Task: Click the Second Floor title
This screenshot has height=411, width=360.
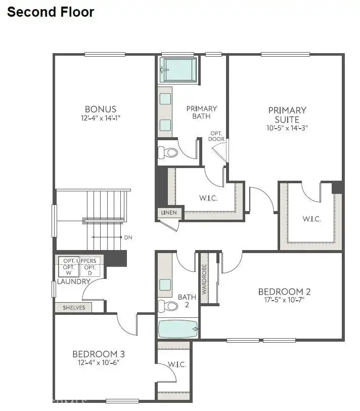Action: click(x=51, y=12)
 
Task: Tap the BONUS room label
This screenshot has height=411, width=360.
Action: click(x=101, y=109)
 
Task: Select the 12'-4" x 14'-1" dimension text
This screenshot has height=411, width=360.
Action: click(x=101, y=118)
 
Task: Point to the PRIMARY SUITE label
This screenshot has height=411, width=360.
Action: click(x=287, y=115)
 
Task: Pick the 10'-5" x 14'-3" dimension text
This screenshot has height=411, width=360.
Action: click(x=287, y=129)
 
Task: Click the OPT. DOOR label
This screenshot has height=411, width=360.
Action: click(x=217, y=136)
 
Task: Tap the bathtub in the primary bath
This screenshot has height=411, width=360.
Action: click(x=178, y=70)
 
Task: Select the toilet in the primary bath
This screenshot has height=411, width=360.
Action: click(x=169, y=152)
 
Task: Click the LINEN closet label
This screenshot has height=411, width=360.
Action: click(x=169, y=213)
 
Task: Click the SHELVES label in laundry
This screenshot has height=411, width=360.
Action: click(x=73, y=307)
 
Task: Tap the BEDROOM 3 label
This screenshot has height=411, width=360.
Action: click(x=99, y=354)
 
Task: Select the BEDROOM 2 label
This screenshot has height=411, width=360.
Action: click(x=284, y=292)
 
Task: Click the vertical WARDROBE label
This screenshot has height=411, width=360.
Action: click(x=205, y=280)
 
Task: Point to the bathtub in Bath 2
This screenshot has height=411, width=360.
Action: click(x=178, y=330)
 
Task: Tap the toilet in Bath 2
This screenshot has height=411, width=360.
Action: click(x=168, y=305)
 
